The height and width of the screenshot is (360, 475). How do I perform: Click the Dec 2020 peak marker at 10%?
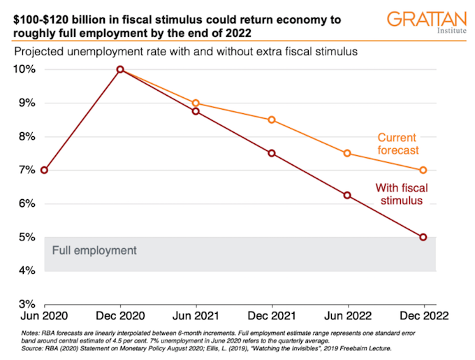point(120,69)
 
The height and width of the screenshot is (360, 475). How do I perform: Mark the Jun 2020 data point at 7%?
point(45,170)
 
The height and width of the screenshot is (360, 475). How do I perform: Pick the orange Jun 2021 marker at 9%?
point(196,103)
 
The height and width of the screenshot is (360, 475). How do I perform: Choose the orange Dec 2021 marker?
point(272,120)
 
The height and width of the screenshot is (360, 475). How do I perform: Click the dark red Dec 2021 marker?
point(272,153)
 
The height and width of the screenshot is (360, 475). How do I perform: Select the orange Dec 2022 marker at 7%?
point(423,170)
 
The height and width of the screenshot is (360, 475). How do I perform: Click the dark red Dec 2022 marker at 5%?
point(423,237)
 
